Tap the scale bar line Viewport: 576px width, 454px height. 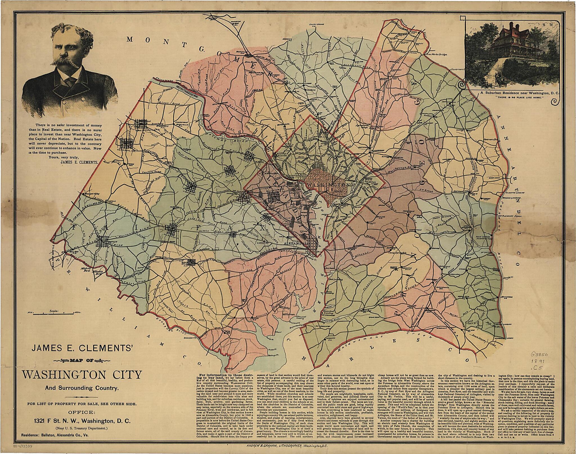[53, 313]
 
